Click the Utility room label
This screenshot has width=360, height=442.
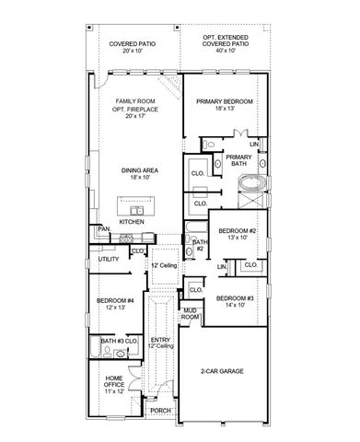point(107,261)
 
